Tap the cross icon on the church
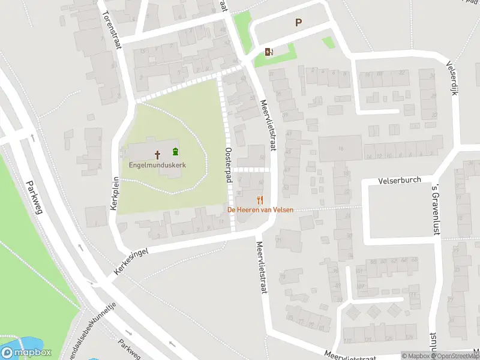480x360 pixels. tap(158, 154)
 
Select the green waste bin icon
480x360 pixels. tap(175, 151)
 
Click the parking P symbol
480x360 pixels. tap(298, 23)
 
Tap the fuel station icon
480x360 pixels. tap(268, 52)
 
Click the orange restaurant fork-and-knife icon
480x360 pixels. tap(260, 200)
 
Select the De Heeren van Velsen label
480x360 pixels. tap(260, 209)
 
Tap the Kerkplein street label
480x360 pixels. tap(114, 192)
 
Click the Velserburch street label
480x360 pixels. tap(400, 179)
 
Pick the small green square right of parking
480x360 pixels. tap(328, 42)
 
